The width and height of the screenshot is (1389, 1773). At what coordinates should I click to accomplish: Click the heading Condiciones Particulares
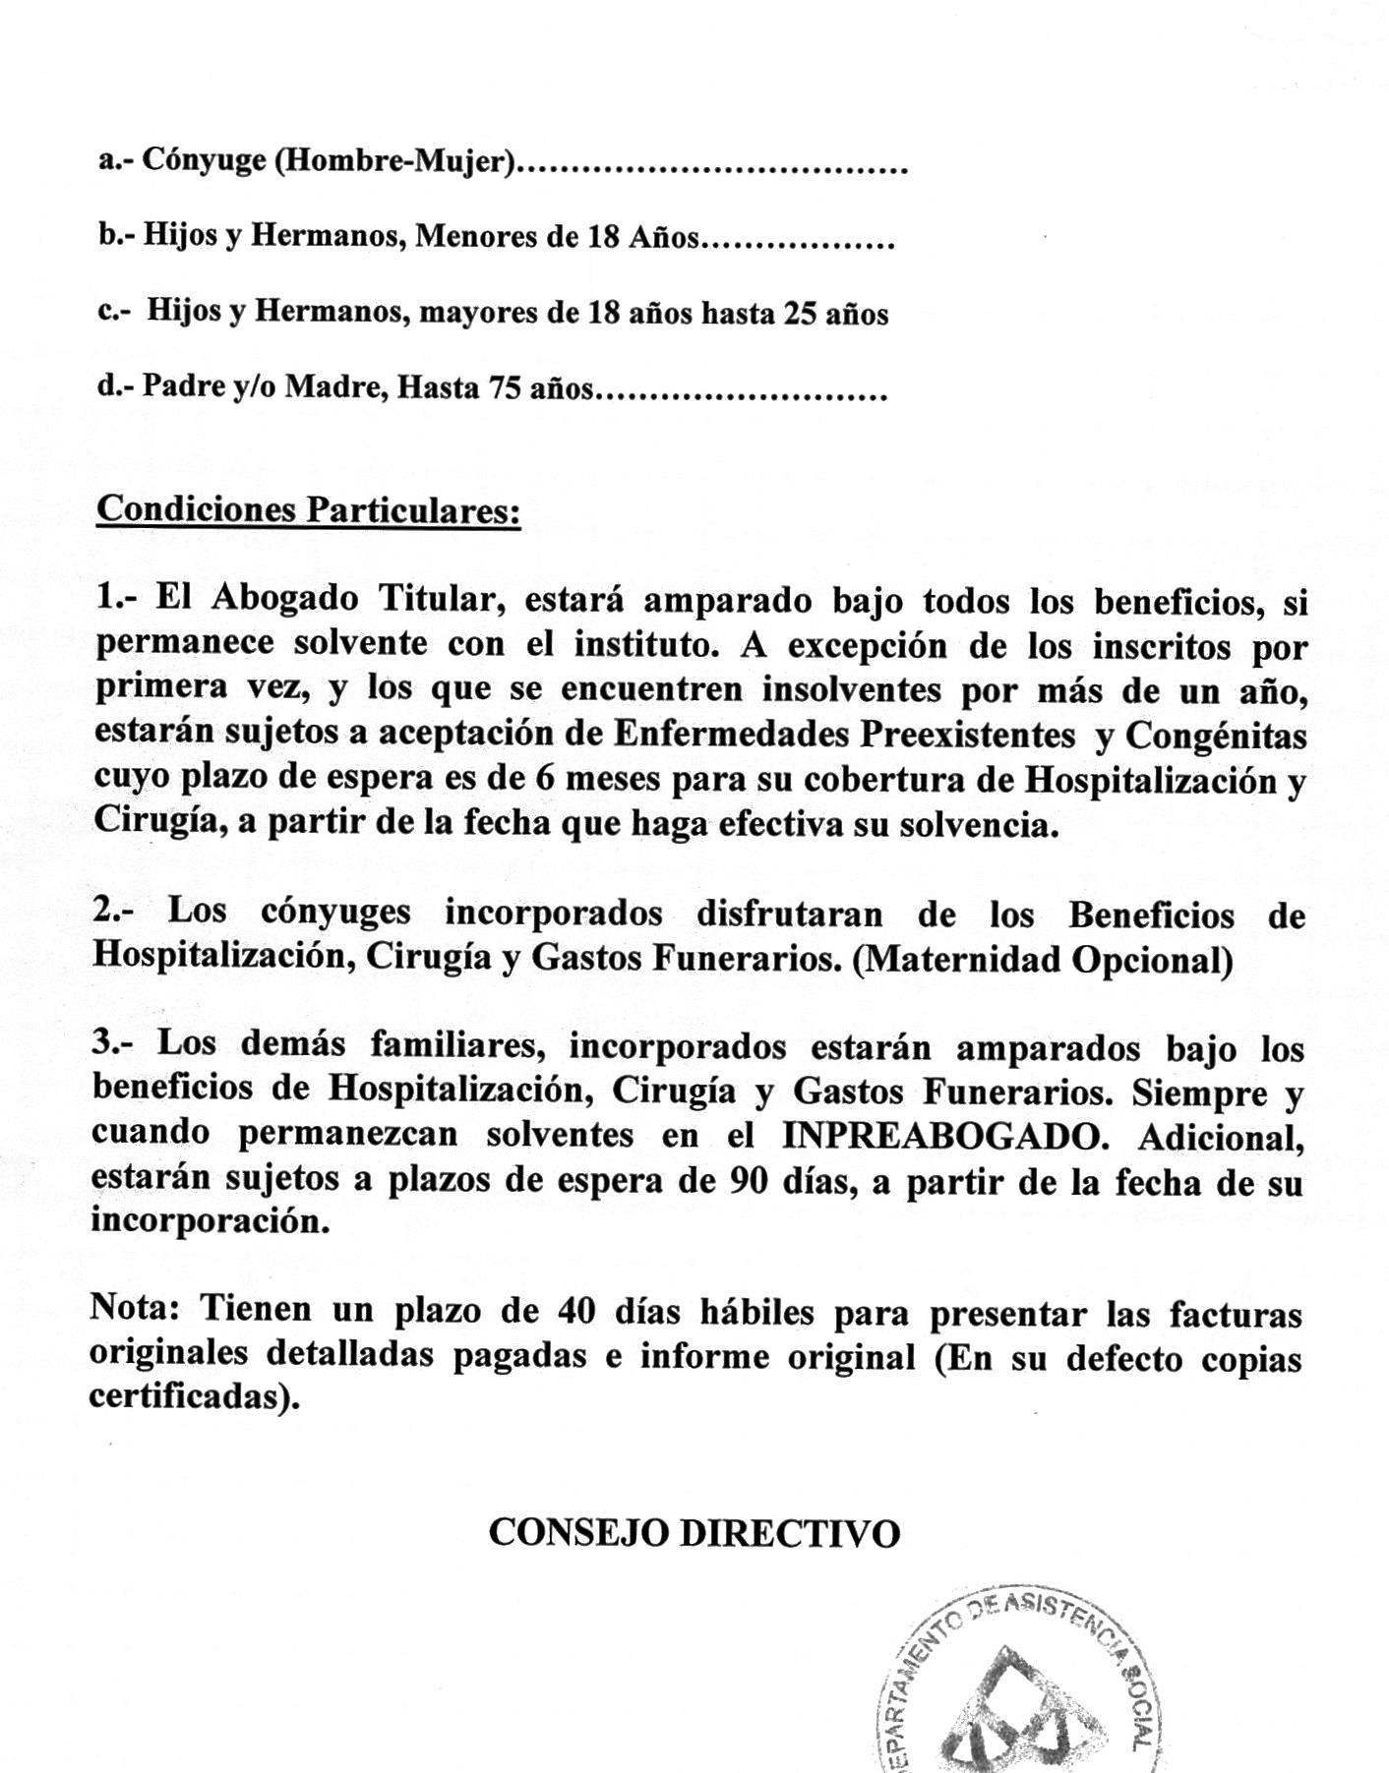[x=308, y=510]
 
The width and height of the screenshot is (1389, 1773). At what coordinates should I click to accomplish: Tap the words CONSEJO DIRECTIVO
[x=694, y=1533]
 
